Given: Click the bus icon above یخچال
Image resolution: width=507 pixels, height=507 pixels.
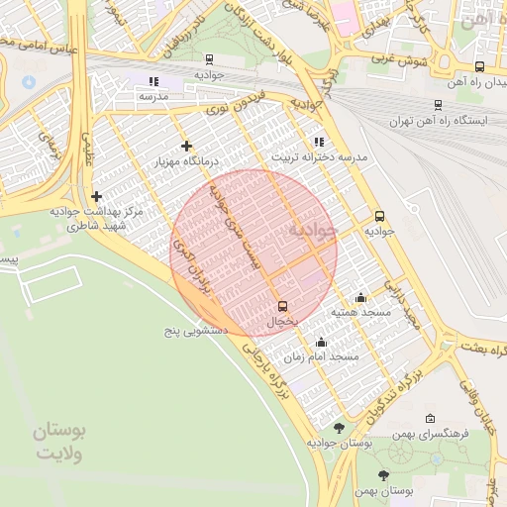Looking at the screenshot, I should click(282, 305).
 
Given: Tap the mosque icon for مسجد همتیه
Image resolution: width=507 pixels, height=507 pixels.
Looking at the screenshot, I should click(359, 297).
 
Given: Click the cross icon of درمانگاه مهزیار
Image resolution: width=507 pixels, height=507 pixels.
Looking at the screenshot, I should click(185, 146).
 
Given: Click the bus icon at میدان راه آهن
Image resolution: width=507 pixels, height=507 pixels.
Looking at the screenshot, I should click(479, 67).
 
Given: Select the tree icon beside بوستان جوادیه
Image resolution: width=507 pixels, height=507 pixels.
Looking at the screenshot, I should click(340, 428).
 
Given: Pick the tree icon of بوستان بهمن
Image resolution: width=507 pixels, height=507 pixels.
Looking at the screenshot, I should click(383, 476).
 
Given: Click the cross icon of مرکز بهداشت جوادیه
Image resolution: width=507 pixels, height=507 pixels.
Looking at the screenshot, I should click(96, 196).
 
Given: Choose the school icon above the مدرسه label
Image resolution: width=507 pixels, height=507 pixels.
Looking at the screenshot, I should click(152, 81).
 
